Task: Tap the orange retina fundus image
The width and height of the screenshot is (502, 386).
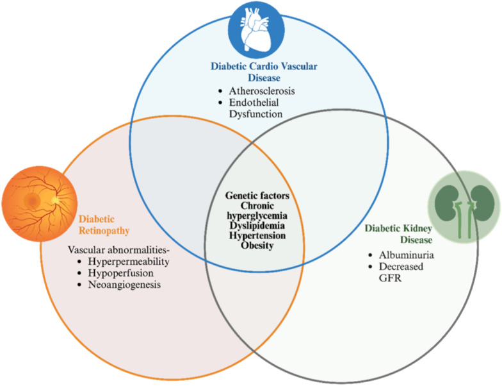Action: (40, 204)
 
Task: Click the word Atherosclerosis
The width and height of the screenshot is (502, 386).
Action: (261, 91)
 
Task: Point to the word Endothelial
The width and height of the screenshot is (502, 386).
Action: (254, 103)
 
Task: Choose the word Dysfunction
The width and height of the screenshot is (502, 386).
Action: (255, 114)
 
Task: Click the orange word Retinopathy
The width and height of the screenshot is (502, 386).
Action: (104, 231)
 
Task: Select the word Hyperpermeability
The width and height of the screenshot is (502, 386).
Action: (129, 262)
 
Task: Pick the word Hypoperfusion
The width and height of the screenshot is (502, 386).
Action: (120, 273)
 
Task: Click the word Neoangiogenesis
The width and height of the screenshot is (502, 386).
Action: (124, 285)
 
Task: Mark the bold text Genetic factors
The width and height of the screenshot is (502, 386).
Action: (257, 196)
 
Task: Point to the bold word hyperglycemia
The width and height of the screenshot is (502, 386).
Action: (257, 215)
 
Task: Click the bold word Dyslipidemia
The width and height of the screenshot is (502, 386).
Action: (257, 226)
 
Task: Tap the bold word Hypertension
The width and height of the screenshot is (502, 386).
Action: (257, 236)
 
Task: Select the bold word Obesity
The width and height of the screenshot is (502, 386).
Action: (257, 246)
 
